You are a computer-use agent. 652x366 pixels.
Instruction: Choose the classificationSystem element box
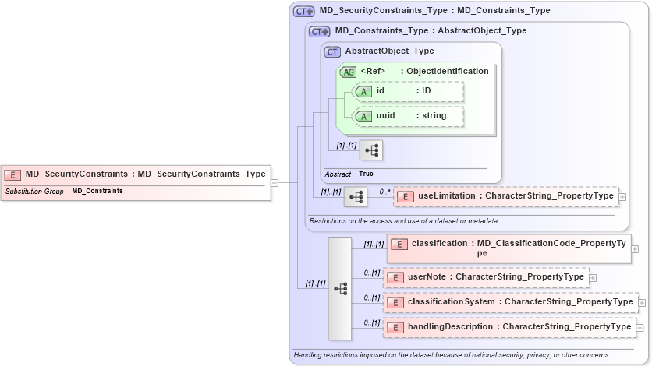tap(510, 301)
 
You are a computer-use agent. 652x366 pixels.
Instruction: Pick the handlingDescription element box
tap(509, 327)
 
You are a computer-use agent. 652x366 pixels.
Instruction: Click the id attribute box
tap(409, 91)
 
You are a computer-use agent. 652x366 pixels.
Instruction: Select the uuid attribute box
tap(409, 116)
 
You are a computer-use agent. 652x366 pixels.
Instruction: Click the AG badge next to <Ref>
tap(348, 72)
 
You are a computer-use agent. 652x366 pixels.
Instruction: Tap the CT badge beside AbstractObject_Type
tap(333, 51)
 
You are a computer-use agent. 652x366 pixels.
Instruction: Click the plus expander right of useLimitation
tap(622, 197)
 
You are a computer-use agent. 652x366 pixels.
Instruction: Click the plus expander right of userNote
tap(593, 277)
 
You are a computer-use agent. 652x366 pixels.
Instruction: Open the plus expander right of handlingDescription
tap(640, 328)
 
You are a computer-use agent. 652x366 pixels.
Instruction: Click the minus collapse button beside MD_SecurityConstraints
tap(275, 182)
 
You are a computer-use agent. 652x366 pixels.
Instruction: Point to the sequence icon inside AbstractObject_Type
tap(370, 150)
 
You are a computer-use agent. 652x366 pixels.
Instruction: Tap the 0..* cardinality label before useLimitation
tap(384, 192)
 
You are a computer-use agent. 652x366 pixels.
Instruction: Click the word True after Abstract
tap(366, 174)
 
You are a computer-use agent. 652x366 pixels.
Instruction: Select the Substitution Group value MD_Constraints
tap(97, 191)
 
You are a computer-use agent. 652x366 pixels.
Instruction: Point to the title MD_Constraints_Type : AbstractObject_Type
tap(430, 31)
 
